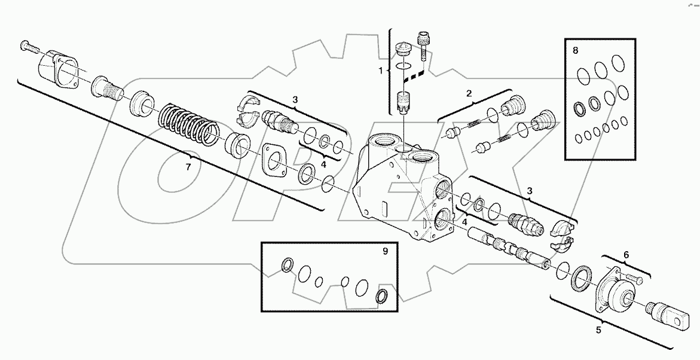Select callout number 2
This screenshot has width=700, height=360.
(469, 93)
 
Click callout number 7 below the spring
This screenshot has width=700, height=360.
(188, 167)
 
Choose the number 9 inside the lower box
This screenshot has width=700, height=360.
(385, 251)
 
